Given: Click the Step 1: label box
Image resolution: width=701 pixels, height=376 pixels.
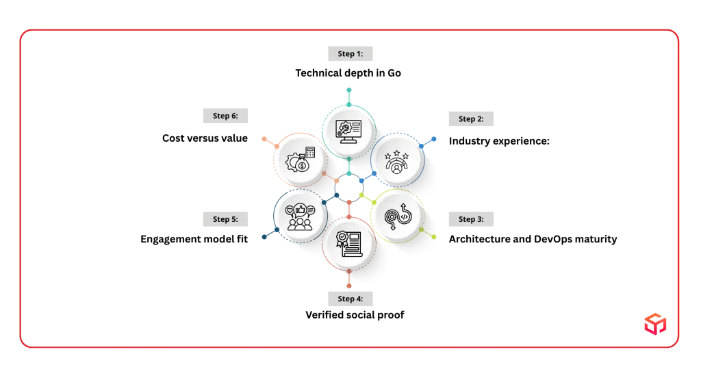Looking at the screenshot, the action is (x=350, y=53).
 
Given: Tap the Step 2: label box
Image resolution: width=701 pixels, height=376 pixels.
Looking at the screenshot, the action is (x=471, y=119).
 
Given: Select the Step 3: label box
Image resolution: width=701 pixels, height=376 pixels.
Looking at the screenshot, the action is (x=471, y=219).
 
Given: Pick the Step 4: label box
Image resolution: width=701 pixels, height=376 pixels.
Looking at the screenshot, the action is (x=350, y=299).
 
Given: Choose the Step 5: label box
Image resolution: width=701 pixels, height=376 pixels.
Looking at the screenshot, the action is (x=225, y=219).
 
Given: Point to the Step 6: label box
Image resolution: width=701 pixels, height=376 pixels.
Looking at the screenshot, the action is (x=225, y=116).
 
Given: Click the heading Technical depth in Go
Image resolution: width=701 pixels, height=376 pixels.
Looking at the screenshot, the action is (x=348, y=73).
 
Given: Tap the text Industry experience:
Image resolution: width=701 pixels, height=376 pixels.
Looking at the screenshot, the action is (x=499, y=141).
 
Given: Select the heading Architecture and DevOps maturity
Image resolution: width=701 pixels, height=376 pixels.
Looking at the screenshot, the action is (x=533, y=239).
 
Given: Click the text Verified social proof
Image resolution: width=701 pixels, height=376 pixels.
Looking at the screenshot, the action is (x=355, y=315).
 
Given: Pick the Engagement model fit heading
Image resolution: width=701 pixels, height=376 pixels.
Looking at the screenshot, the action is (x=194, y=239).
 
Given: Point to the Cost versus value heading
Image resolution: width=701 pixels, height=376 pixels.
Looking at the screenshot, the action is (x=205, y=138).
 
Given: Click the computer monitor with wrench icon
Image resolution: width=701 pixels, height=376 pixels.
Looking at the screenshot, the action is (x=348, y=131).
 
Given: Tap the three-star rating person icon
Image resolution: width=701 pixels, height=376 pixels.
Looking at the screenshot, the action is (x=396, y=162).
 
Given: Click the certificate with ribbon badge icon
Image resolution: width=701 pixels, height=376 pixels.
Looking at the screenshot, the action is (x=348, y=244).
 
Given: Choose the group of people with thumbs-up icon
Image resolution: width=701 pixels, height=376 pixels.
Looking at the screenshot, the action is (x=300, y=217).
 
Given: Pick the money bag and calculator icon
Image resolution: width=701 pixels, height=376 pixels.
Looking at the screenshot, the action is (x=301, y=160).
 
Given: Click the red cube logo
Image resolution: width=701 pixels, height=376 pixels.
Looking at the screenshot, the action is (x=655, y=324).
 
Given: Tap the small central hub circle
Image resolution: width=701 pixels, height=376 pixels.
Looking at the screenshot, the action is (x=349, y=188).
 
